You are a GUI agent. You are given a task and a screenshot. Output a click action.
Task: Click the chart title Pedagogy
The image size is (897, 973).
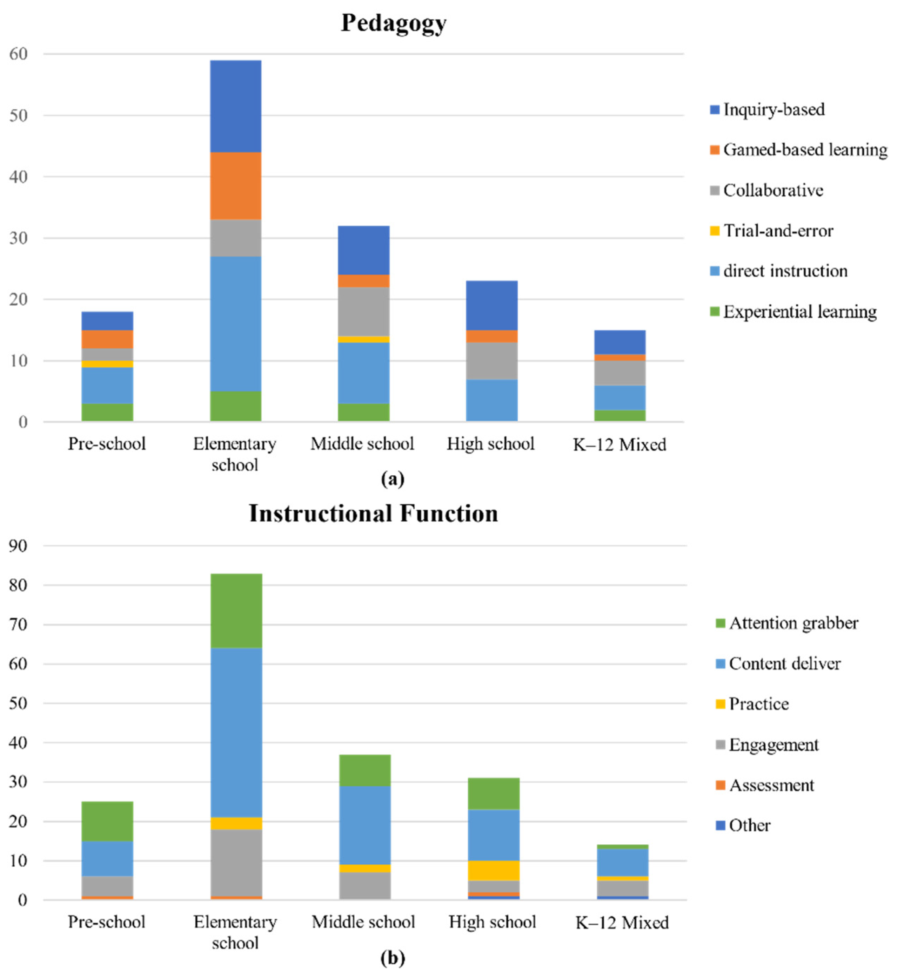393,23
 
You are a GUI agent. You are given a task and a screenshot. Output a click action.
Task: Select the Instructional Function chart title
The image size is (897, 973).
373,513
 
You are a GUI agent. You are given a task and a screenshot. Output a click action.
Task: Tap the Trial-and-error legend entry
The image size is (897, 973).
778,231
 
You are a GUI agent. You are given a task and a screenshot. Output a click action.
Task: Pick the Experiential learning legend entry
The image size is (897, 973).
799,312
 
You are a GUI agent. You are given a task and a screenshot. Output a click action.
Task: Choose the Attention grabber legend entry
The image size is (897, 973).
793,623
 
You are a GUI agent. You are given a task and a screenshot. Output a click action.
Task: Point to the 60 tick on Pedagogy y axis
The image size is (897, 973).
19,54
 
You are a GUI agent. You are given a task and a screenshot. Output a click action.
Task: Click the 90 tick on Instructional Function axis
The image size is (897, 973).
19,546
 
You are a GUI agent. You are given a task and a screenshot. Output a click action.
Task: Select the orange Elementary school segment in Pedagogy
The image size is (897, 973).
235,186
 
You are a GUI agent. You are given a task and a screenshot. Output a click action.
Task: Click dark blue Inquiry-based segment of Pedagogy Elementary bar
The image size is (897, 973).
235,106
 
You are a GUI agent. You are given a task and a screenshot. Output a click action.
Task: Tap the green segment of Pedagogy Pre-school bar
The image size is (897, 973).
107,412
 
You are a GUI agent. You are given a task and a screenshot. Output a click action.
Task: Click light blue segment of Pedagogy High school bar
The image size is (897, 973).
492,400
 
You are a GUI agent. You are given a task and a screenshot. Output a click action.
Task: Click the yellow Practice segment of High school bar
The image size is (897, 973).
494,870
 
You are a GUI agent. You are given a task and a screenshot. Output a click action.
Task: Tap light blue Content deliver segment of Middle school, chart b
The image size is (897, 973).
364,825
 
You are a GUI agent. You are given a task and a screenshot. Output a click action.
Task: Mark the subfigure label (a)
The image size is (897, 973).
393,479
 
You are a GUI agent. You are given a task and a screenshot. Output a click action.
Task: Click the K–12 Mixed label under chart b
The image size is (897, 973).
622,922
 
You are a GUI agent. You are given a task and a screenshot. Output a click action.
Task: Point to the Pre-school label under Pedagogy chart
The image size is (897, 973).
107,444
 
